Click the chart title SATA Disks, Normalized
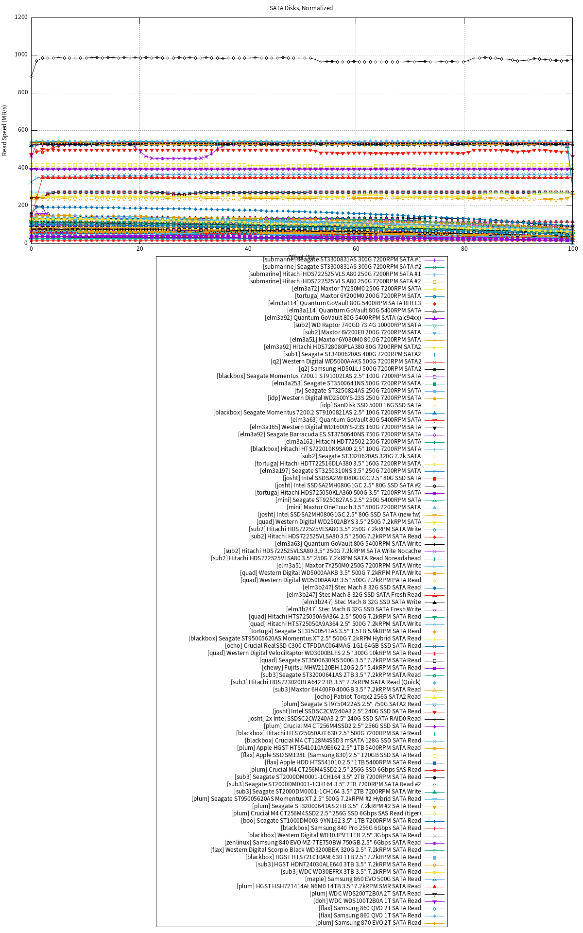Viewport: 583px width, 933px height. pos(301,8)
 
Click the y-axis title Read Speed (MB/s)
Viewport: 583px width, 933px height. pos(5,130)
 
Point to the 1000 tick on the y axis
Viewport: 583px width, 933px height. pos(21,55)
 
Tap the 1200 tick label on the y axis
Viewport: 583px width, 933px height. pos(21,17)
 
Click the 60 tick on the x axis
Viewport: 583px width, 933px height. pos(356,249)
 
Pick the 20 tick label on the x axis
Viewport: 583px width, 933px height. pos(140,249)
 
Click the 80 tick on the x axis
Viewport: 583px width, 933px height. pos(464,249)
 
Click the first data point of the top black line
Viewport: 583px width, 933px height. pos(32,76)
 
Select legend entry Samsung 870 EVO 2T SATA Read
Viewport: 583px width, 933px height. pos(368,923)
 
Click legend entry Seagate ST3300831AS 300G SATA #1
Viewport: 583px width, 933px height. pos(342,259)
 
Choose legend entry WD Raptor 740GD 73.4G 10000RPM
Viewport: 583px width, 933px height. pos(358,325)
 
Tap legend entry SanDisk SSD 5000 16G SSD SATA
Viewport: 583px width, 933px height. pos(371,405)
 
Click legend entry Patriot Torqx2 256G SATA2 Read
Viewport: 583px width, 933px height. pos(368,697)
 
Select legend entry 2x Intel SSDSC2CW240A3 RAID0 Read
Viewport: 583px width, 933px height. pos(334,719)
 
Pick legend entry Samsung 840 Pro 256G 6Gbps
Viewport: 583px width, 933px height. pos(351,828)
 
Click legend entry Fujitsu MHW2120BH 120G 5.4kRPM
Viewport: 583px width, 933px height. pos(342,668)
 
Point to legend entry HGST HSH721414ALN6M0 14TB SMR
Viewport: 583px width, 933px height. pos(329,886)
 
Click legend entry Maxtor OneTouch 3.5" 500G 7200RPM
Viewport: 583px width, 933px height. pos(355,507)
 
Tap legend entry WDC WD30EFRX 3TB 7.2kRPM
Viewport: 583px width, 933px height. pos(351,872)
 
